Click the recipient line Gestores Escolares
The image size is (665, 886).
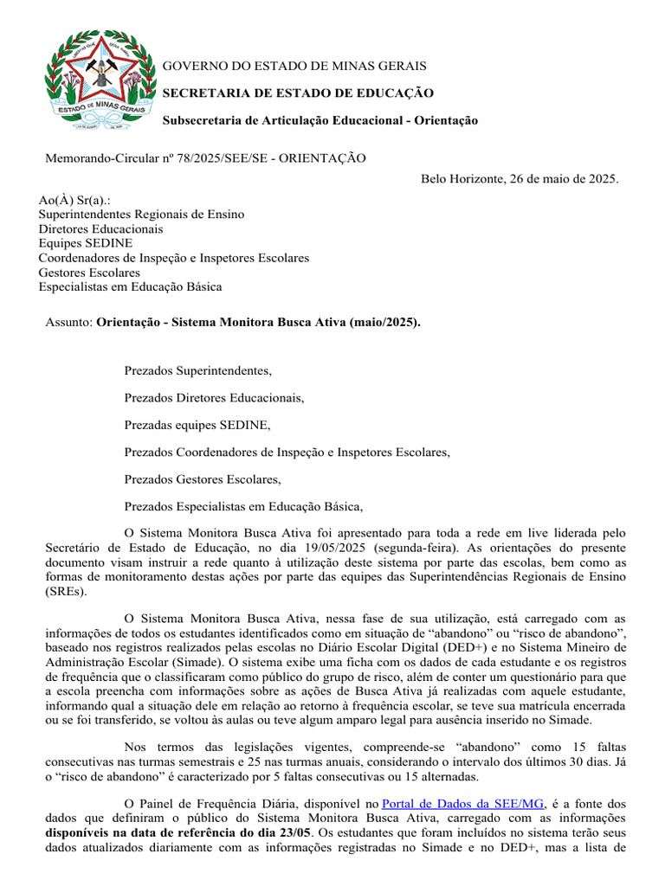89,273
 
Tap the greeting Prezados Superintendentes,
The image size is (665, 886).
198,371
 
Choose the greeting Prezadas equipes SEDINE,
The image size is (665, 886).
197,425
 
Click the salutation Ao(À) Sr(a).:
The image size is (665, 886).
74,200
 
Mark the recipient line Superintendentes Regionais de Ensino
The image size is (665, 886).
141,215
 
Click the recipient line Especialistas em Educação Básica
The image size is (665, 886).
130,286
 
